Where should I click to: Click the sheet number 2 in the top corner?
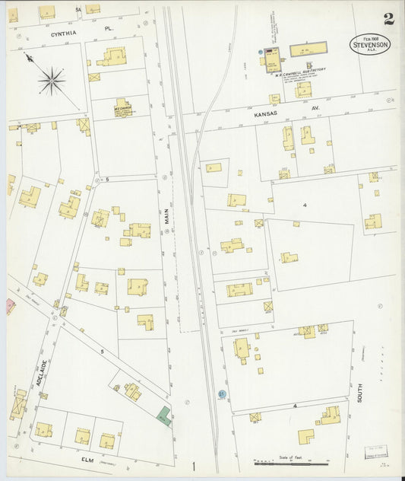tap(388, 19)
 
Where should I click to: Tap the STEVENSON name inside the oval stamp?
tap(372, 46)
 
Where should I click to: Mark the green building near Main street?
tap(163, 415)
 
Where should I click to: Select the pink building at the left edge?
tap(11, 306)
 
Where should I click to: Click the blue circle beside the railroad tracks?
tap(221, 394)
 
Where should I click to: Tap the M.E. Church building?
tap(123, 107)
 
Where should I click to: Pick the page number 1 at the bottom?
tap(194, 466)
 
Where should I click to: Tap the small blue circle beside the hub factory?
tap(261, 52)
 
